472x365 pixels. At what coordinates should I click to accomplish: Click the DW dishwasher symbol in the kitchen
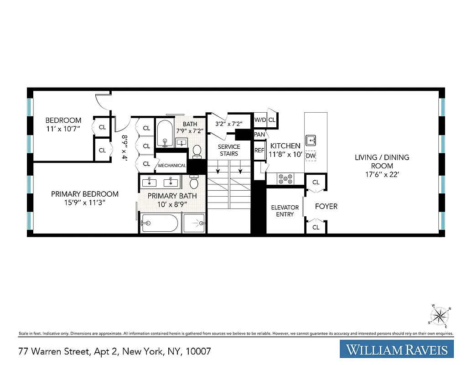click(311, 156)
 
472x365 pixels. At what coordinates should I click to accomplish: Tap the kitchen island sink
click(311, 139)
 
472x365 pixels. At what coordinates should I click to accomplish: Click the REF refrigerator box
click(259, 151)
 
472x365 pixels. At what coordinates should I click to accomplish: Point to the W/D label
click(260, 120)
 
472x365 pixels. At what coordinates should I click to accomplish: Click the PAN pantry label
click(259, 135)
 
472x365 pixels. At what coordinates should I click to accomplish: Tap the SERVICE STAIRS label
click(229, 150)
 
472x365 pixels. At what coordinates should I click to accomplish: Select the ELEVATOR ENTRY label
click(285, 211)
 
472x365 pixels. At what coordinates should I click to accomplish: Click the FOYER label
click(327, 206)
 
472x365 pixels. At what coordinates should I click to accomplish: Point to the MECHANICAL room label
click(172, 166)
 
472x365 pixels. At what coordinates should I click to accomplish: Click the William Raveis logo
click(397, 350)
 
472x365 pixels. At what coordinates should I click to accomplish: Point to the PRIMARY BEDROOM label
click(85, 194)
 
